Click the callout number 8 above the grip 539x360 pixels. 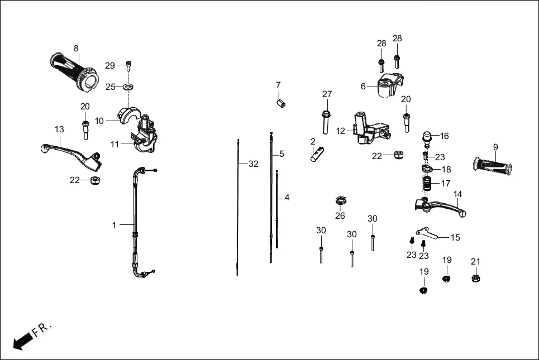[x=76, y=49]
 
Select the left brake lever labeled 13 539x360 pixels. [x=73, y=153]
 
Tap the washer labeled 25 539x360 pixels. [x=128, y=87]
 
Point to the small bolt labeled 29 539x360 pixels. [x=128, y=65]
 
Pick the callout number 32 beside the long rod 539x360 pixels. [x=253, y=164]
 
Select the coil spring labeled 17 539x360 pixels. [x=427, y=183]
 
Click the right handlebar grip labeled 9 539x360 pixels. [x=494, y=165]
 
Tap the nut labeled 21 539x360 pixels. [x=476, y=278]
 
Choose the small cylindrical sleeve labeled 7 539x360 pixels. [x=282, y=103]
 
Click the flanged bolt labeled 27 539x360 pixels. [x=326, y=119]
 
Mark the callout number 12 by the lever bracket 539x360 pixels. [x=341, y=131]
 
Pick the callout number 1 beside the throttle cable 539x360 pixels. [x=114, y=225]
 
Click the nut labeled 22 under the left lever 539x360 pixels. [x=95, y=180]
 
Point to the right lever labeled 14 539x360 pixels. [x=441, y=208]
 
